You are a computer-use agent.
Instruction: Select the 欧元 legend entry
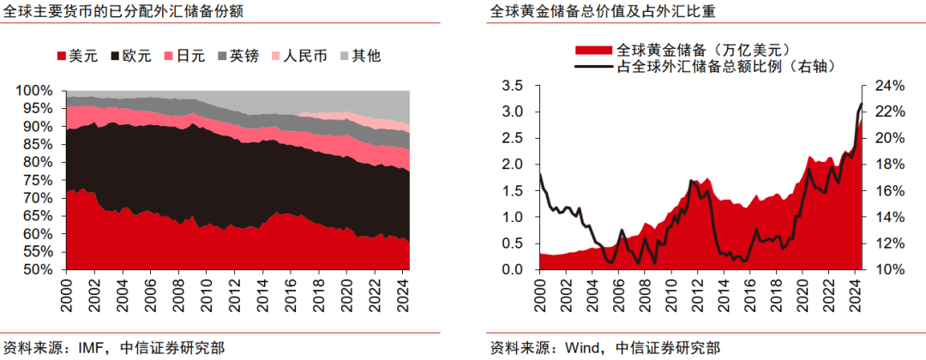[x=129, y=57]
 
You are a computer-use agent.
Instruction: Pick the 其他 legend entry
[x=358, y=57]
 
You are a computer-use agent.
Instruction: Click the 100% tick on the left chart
[x=34, y=91]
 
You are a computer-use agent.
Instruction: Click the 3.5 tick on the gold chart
[x=512, y=85]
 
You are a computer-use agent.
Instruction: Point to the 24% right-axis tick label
[x=891, y=85]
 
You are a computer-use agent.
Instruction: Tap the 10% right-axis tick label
[x=891, y=270]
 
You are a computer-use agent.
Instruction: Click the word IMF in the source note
[x=89, y=348]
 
